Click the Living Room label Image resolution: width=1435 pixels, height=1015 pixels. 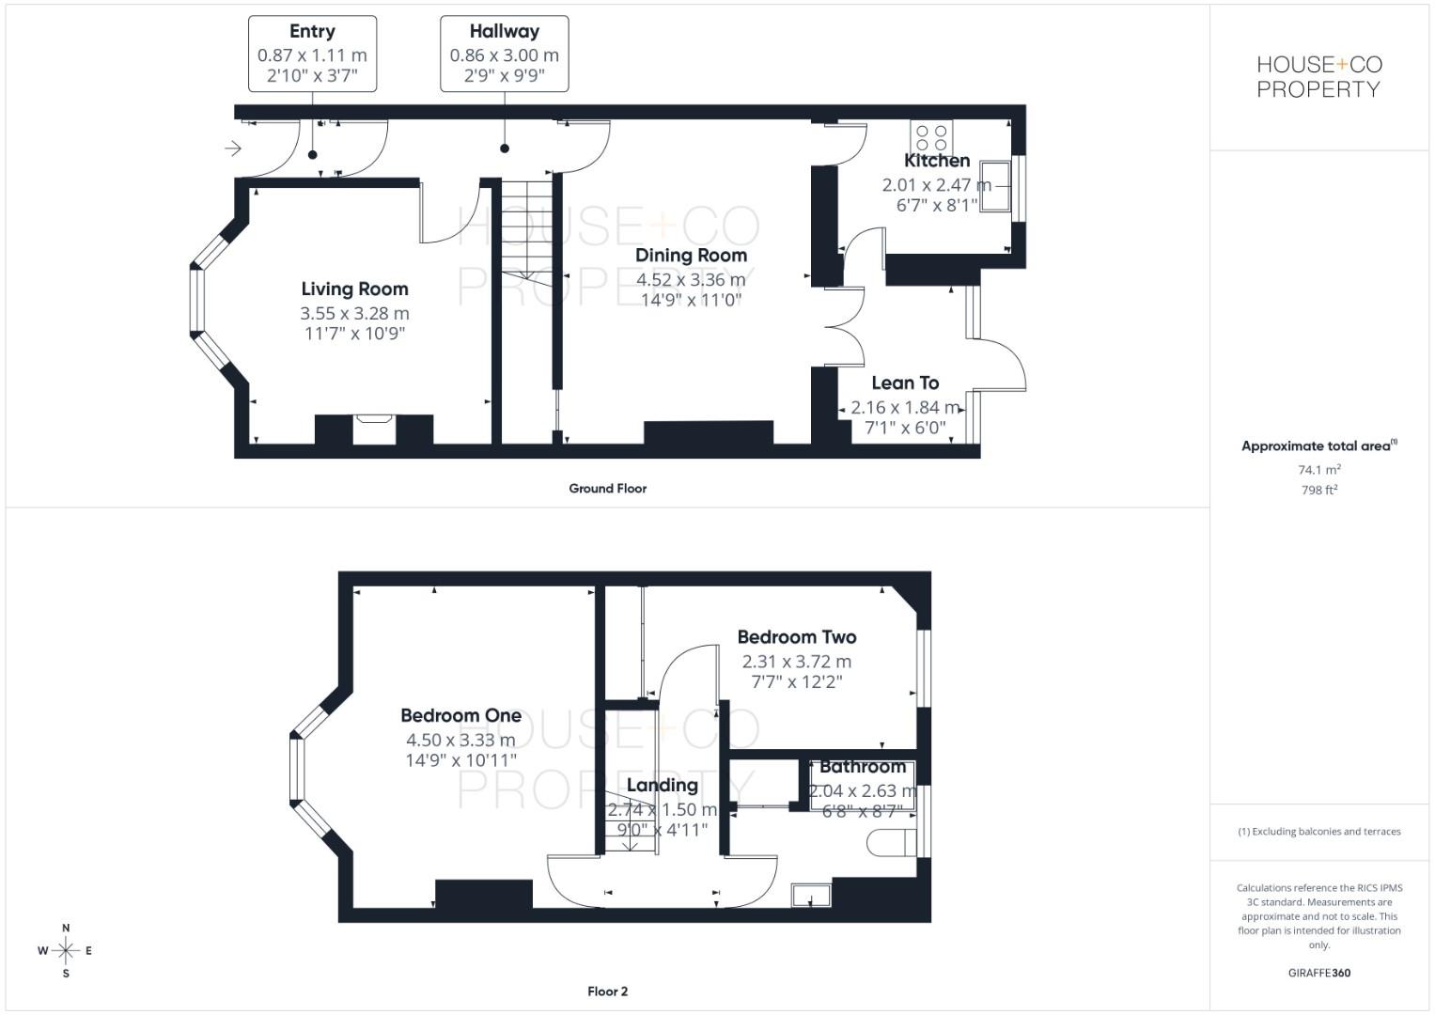tap(354, 289)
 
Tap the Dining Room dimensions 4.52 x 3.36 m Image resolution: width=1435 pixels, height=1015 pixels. tap(691, 279)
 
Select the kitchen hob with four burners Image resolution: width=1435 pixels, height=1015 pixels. tap(931, 137)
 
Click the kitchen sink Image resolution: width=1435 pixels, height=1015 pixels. tap(995, 186)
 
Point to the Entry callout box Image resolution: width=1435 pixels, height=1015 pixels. tap(312, 54)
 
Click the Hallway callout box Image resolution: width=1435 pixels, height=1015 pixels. tap(504, 54)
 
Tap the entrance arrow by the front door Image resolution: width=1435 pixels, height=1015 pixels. tap(233, 148)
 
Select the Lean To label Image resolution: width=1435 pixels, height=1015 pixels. tap(904, 383)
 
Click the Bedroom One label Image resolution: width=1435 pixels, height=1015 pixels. tap(460, 715)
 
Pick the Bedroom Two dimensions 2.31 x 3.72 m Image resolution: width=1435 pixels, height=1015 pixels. tap(796, 662)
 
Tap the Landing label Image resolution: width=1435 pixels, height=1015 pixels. tap(662, 785)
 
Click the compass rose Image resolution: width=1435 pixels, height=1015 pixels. tap(66, 950)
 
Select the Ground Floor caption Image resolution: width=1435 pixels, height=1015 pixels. tap(607, 489)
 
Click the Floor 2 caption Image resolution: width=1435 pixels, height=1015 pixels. tap(607, 992)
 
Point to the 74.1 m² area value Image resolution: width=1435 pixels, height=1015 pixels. tap(1318, 469)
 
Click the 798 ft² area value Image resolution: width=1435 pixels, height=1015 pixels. tap(1318, 490)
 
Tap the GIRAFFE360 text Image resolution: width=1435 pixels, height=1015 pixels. tap(1318, 973)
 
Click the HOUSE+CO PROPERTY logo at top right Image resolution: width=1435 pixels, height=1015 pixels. tap(1318, 77)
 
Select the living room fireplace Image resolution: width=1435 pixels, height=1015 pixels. tap(374, 429)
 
